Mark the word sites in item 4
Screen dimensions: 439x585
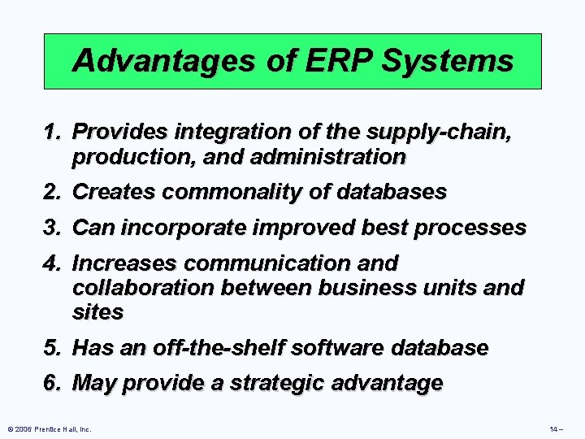97,311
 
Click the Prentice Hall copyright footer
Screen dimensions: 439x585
49,428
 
